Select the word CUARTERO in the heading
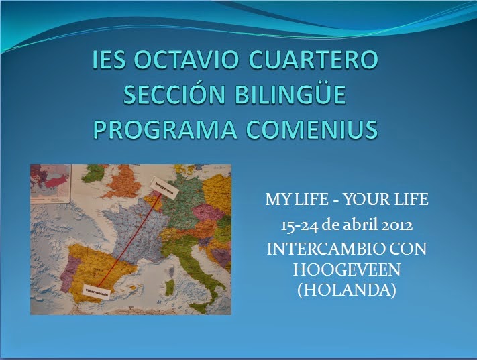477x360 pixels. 313,60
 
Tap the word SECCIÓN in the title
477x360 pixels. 174,95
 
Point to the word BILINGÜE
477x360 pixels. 290,95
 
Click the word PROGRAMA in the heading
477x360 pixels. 165,129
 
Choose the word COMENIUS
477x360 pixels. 313,129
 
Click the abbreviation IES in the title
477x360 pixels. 109,60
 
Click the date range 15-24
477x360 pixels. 299,226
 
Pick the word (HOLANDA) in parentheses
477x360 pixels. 346,290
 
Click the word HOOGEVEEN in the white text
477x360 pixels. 346,269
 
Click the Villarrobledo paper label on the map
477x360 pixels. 96,292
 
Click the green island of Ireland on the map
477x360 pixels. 95,176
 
